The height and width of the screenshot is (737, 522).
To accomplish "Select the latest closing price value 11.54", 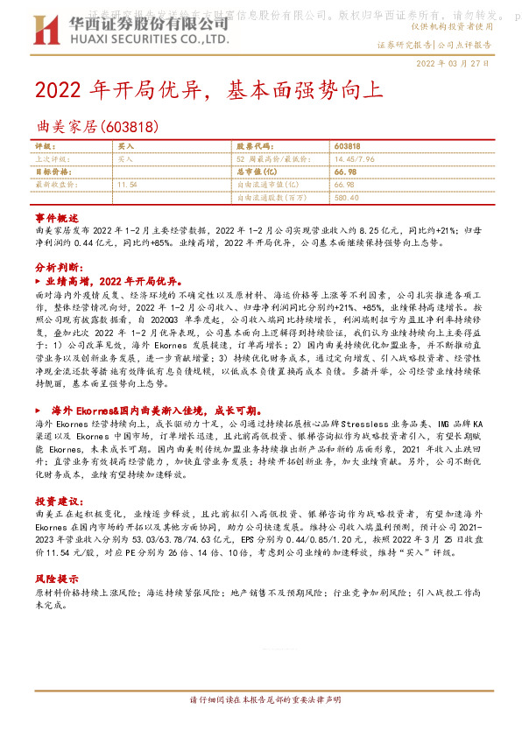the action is pos(127,185).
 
